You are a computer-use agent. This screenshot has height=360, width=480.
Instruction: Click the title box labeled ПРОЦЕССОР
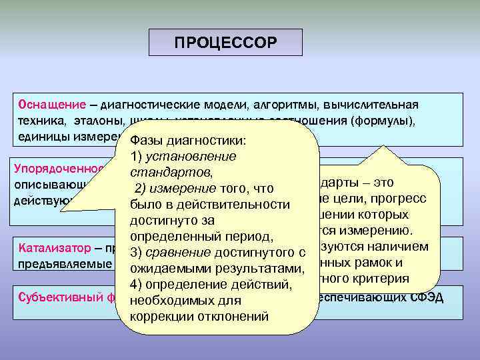(x=225, y=43)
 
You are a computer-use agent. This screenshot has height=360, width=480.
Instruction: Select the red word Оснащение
(x=53, y=105)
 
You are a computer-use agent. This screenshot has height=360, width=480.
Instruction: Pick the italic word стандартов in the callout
(x=163, y=172)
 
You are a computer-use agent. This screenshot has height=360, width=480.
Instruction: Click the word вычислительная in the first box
(x=377, y=105)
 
